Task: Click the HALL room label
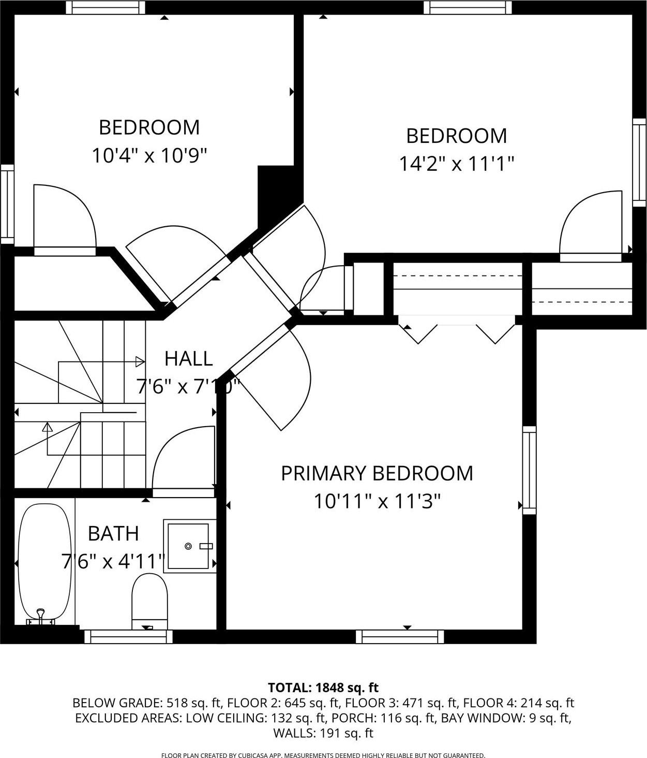[188, 358]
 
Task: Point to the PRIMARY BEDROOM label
[377, 473]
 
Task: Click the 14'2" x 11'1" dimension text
[456, 164]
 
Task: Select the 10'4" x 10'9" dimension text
[149, 155]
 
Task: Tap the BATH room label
[113, 533]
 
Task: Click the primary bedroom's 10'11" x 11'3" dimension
[377, 501]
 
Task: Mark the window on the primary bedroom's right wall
[529, 470]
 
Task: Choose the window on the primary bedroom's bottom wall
[403, 636]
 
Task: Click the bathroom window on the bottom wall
[128, 636]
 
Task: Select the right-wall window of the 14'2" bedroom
[639, 163]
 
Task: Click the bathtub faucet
[41, 617]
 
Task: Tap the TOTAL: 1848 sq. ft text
[323, 688]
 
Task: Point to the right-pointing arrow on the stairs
[140, 361]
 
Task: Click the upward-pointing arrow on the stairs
[48, 428]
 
